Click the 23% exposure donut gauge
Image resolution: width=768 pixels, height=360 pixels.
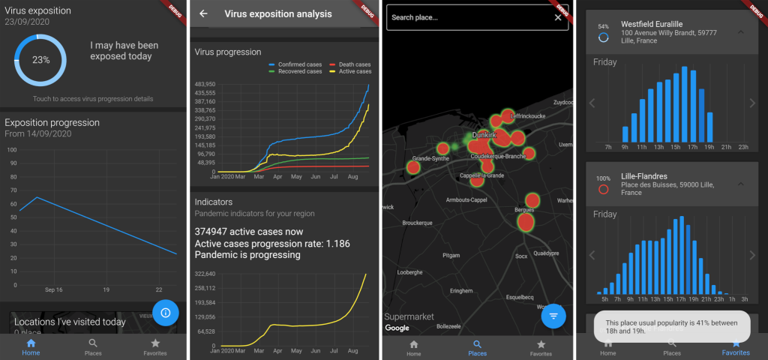tap(40, 59)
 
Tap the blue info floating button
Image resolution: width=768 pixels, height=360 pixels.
tap(165, 313)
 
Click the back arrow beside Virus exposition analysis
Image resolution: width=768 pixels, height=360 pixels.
tap(203, 14)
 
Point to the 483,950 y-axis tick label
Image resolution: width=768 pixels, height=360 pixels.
tap(205, 85)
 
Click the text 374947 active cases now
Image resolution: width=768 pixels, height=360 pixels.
tap(249, 232)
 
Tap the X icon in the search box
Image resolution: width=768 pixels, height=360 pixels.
tap(558, 17)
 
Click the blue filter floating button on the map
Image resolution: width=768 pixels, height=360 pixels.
tap(553, 316)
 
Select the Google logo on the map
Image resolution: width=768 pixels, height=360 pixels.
tap(397, 328)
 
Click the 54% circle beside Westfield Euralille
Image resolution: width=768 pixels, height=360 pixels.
tap(603, 34)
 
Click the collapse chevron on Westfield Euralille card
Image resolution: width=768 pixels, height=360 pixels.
tap(741, 32)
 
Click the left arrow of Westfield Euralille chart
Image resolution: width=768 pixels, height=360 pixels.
tap(592, 103)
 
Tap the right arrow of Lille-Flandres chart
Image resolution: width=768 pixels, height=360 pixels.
tap(752, 255)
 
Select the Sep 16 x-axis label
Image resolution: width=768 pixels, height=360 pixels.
tap(53, 289)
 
